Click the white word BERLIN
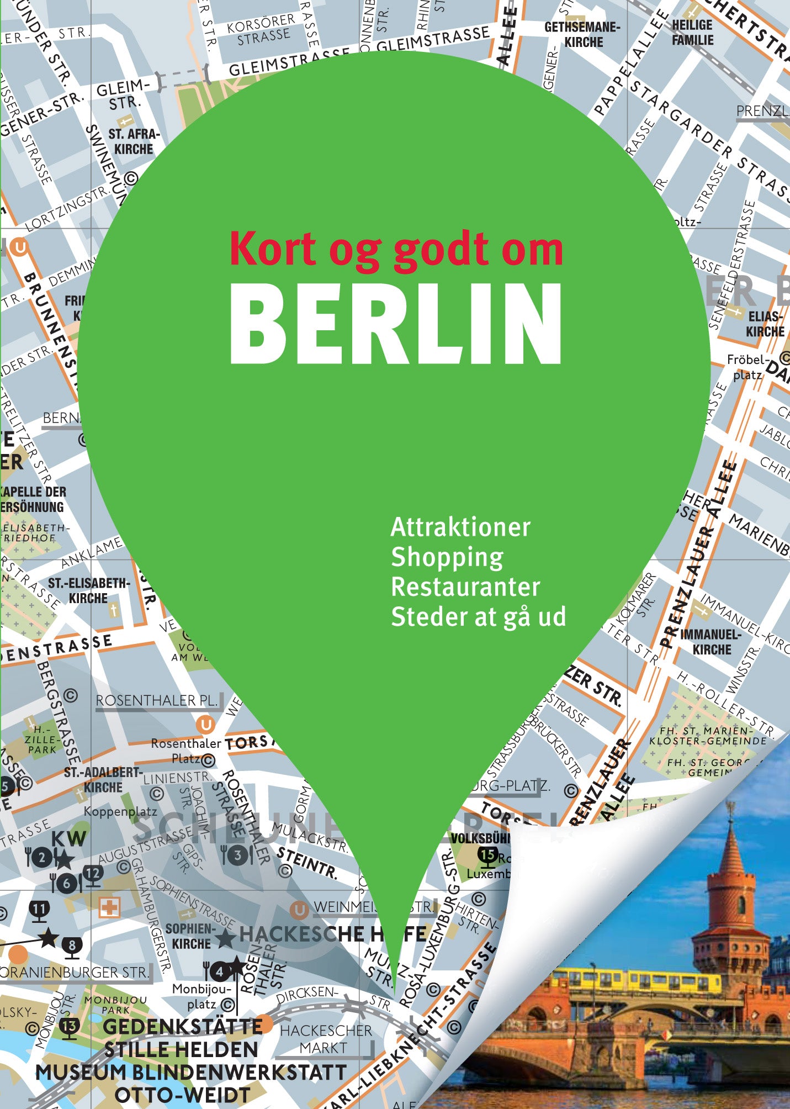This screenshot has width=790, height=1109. click(396, 324)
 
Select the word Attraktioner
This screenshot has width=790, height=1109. click(460, 527)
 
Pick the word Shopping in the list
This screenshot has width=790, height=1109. click(447, 557)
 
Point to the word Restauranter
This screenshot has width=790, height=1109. click(465, 587)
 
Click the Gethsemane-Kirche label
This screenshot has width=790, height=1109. click(582, 34)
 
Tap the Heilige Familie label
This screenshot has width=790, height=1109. click(692, 33)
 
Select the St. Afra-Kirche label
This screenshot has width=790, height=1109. click(134, 141)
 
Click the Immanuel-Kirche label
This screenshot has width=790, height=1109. click(711, 642)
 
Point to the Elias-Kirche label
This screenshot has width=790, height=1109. click(765, 324)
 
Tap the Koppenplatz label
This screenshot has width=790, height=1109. click(120, 811)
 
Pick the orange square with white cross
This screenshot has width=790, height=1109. click(109, 907)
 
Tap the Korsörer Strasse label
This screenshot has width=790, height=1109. click(263, 29)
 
